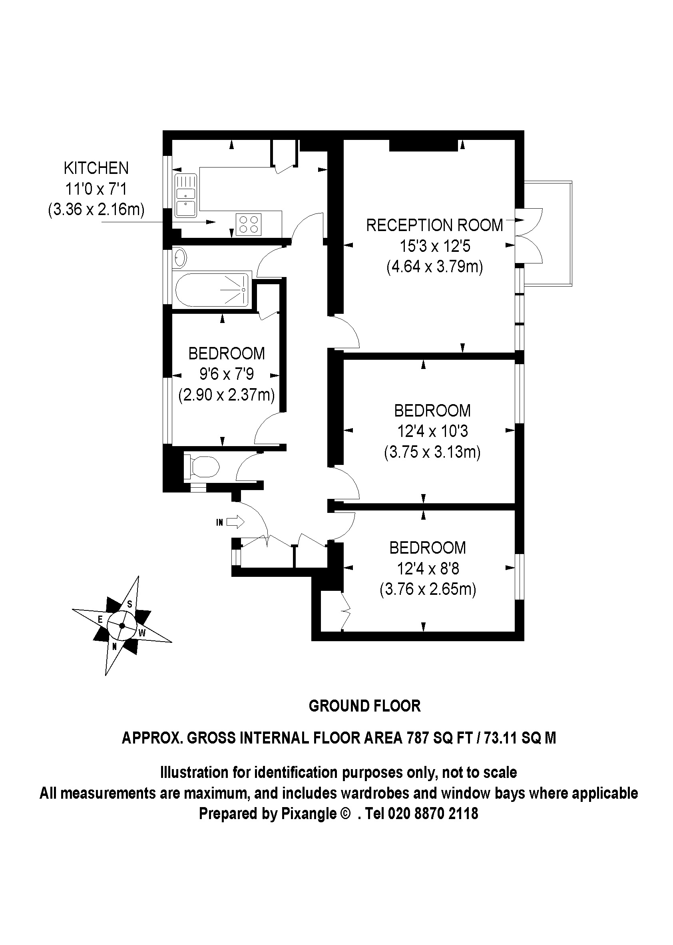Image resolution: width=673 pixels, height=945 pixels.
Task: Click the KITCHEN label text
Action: coord(96,168)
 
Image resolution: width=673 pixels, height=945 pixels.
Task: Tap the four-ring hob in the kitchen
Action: coord(249,224)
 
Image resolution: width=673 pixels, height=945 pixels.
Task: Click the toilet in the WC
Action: coord(205,467)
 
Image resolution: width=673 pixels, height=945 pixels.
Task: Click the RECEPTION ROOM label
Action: coord(434,225)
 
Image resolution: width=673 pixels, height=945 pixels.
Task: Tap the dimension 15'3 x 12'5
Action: coord(435,246)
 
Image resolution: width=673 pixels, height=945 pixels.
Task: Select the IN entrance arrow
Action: coord(235,522)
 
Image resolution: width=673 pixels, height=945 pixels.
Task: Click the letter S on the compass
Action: coord(129,604)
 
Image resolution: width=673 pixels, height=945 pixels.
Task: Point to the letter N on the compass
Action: coord(115,646)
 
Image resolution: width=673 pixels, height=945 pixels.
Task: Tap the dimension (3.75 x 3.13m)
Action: coord(432,452)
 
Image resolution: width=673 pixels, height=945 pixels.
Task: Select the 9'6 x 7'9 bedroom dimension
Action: coord(226,374)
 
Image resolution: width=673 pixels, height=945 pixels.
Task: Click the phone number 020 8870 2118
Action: coord(433,813)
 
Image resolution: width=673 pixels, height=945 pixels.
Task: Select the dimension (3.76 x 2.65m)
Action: coord(428,589)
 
